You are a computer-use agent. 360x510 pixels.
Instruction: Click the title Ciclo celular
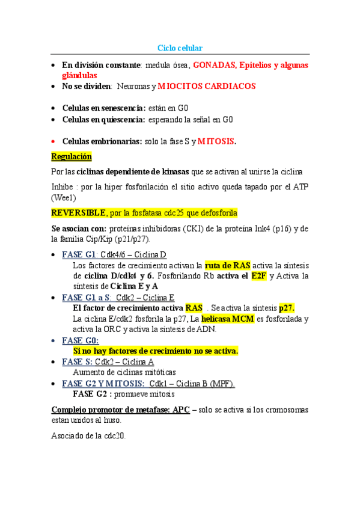180,48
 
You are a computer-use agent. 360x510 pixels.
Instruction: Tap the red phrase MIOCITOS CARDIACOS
207,87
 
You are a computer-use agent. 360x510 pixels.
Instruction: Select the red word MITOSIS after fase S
215,141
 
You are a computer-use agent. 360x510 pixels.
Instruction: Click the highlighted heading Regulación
72,156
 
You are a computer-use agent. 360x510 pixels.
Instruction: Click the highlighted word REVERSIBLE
78,213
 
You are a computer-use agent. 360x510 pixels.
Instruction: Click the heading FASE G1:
80,254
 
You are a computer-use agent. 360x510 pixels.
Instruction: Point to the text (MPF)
220,383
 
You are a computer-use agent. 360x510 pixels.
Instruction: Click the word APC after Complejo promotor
181,410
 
